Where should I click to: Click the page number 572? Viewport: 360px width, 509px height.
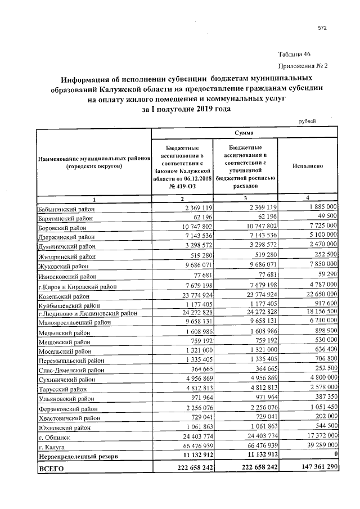322,28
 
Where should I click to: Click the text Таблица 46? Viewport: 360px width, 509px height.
294,55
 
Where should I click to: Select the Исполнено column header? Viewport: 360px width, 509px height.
307,167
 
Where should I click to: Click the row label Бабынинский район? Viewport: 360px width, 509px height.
65,209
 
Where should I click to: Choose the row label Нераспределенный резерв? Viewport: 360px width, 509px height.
78,457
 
